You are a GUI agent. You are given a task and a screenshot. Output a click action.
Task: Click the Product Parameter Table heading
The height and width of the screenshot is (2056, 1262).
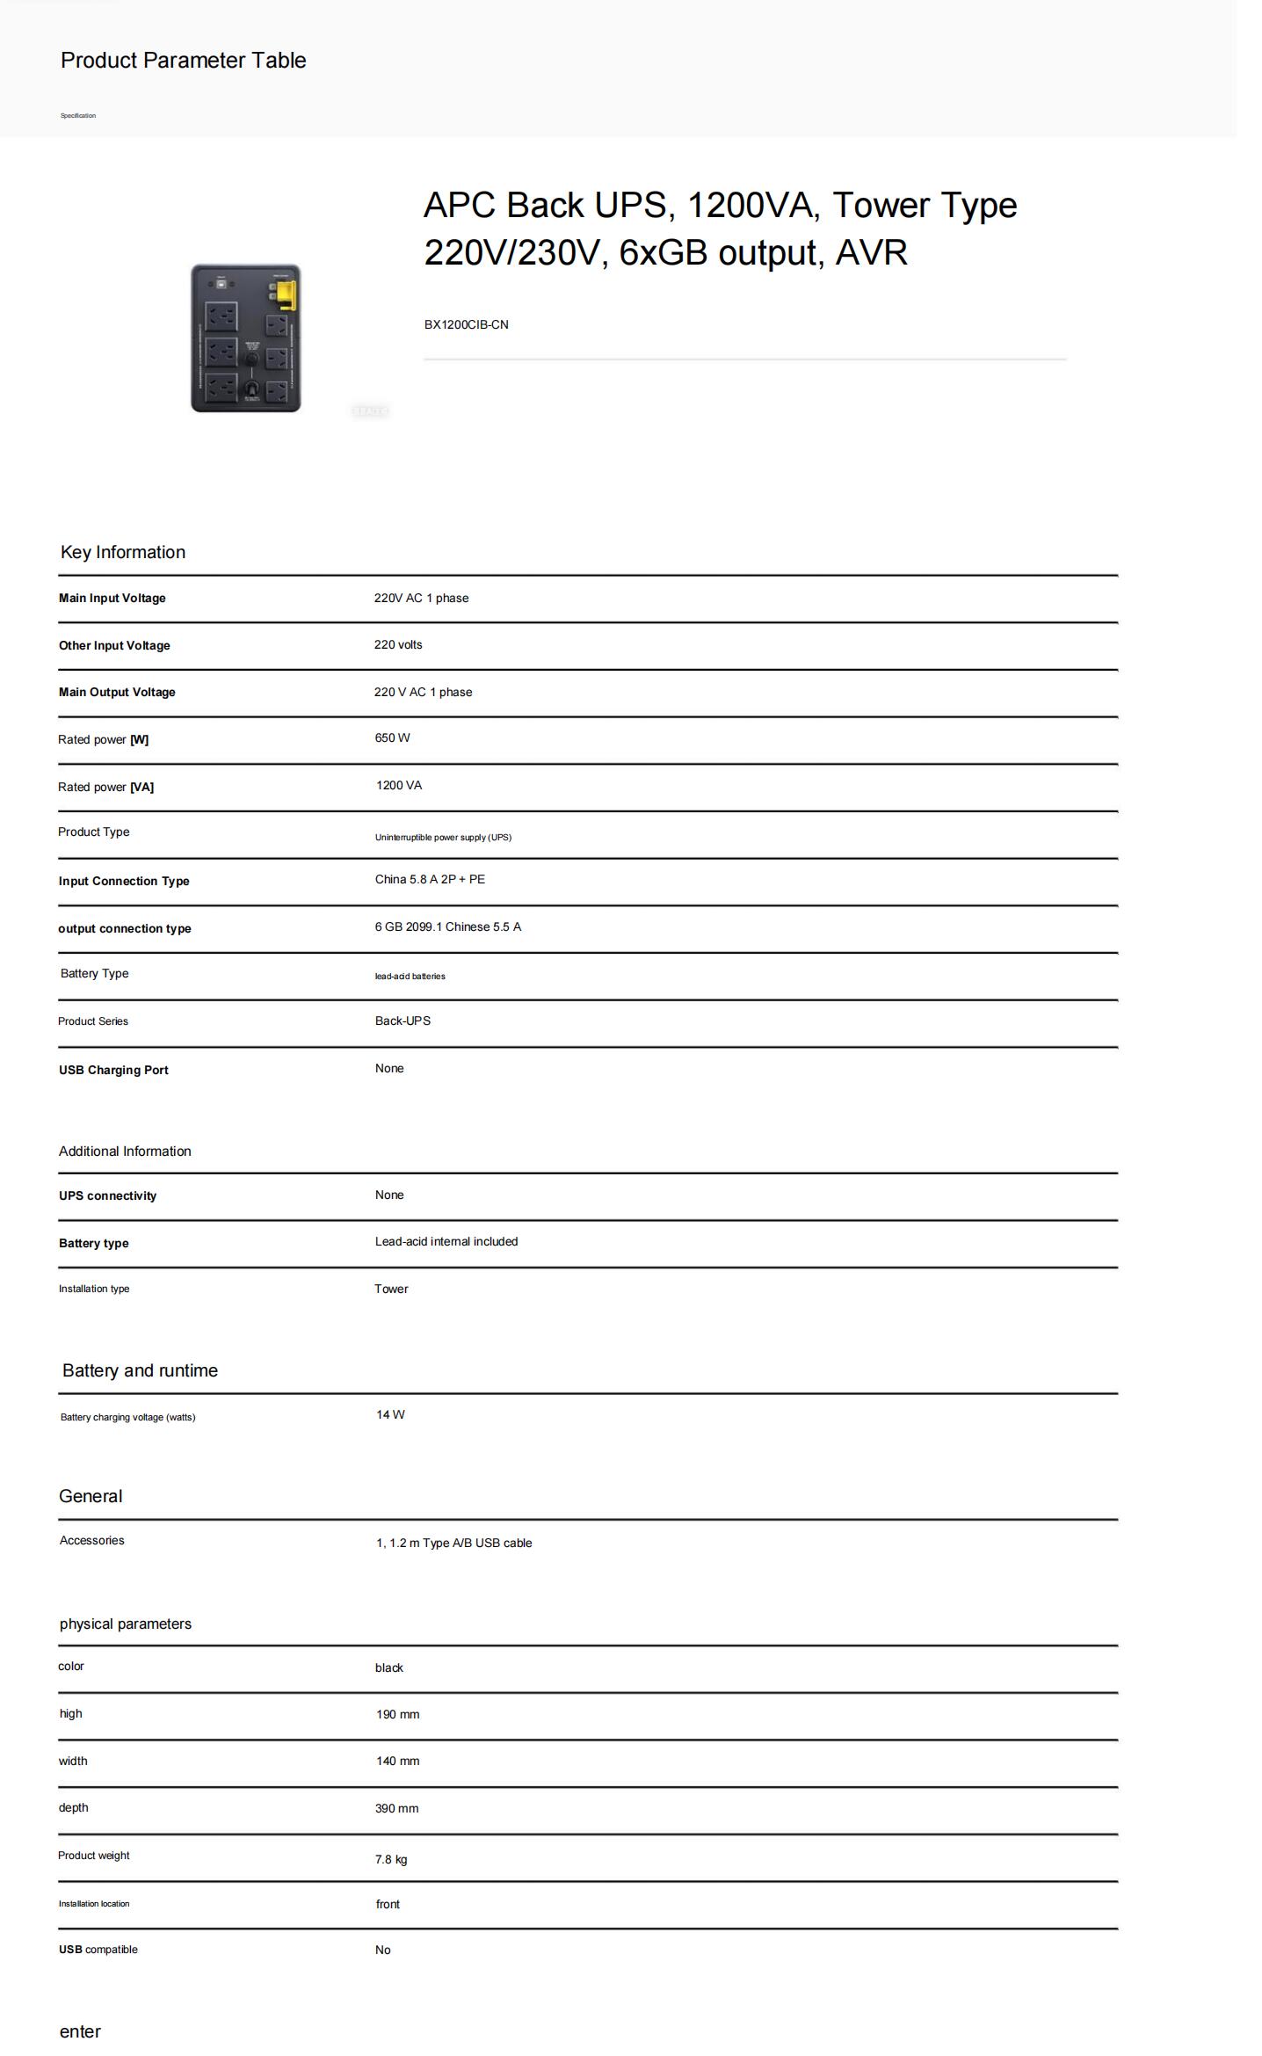[183, 61]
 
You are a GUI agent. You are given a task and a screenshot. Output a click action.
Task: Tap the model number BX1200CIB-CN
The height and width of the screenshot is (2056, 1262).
[466, 324]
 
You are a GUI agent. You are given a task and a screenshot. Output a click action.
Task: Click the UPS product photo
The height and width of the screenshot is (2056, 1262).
[245, 338]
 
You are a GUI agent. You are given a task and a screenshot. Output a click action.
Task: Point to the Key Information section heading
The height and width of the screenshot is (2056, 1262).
[122, 552]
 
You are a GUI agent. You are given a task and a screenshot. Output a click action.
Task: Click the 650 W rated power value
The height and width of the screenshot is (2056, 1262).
[392, 737]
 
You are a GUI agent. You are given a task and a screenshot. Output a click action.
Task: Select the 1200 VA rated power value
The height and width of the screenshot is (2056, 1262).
[399, 785]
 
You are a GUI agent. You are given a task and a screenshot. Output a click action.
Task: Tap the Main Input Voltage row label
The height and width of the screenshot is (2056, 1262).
[112, 598]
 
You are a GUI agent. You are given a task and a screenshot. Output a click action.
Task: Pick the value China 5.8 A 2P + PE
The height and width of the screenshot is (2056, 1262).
[430, 879]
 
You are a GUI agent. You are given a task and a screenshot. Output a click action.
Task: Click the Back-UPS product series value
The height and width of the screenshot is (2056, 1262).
[403, 1021]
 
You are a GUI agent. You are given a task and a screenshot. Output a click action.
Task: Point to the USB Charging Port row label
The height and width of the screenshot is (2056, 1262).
[113, 1070]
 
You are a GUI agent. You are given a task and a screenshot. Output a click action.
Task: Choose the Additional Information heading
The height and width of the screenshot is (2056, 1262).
[125, 1151]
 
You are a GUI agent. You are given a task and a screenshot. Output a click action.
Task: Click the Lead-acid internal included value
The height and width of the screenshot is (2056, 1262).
[446, 1241]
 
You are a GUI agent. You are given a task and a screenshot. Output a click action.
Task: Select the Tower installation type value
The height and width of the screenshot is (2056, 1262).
[391, 1289]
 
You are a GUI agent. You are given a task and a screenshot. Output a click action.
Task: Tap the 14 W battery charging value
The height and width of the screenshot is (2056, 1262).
[390, 1414]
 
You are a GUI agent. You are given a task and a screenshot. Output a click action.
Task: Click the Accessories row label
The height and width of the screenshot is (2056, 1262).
[91, 1540]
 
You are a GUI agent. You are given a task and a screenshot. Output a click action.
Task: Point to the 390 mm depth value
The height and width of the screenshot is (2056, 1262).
[396, 1808]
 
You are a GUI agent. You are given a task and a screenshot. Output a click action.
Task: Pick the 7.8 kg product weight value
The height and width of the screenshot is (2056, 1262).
[391, 1859]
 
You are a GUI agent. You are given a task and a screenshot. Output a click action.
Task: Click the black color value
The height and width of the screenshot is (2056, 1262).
[388, 1667]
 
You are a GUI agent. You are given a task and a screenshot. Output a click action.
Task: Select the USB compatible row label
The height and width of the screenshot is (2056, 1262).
[98, 1950]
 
